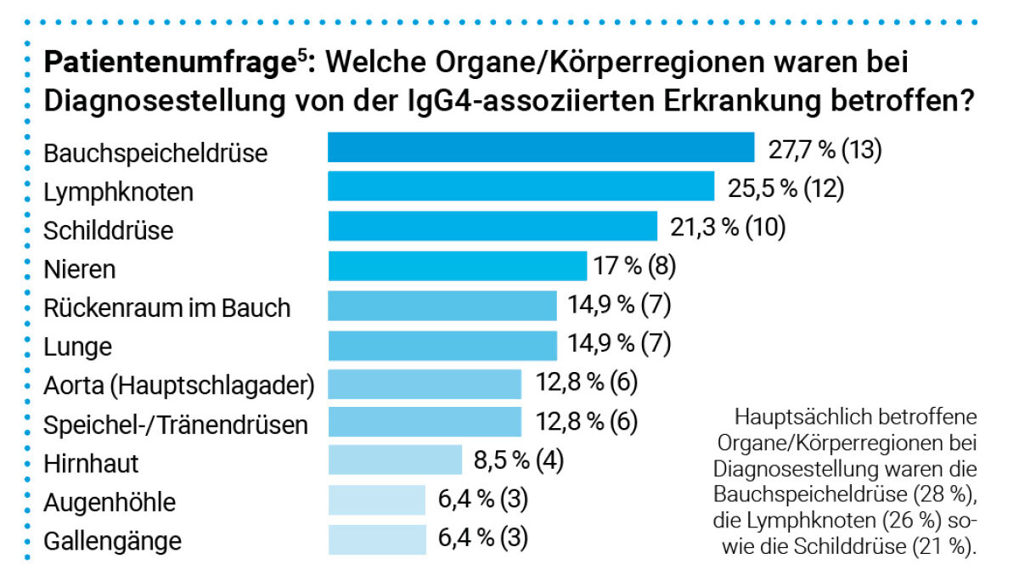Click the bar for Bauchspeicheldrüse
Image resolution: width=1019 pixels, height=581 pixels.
541,148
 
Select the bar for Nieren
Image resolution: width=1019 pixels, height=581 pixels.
457,266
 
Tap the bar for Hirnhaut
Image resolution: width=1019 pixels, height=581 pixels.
395,460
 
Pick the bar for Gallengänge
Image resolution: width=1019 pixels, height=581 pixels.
376,539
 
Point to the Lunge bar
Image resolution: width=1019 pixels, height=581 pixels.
442,344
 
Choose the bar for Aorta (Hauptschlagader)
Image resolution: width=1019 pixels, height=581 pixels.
425,383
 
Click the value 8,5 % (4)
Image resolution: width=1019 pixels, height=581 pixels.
518,460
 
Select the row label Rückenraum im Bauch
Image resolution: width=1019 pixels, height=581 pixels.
167,307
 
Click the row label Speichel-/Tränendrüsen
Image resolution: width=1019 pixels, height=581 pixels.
176,424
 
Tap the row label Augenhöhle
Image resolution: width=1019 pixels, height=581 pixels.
110,502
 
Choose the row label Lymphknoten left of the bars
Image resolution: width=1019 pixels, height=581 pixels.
118,192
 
